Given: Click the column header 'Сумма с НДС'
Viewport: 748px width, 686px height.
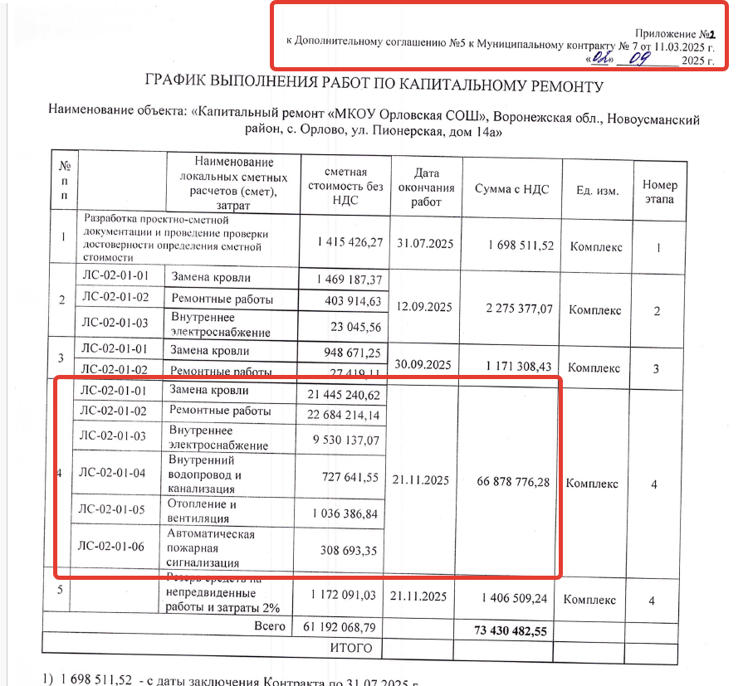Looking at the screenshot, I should (x=511, y=189).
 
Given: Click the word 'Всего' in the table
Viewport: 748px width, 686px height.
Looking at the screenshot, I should (x=270, y=625).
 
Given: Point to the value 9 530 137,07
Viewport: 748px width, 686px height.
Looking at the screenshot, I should (x=342, y=439).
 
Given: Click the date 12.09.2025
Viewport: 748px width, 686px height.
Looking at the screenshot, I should (x=423, y=307).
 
